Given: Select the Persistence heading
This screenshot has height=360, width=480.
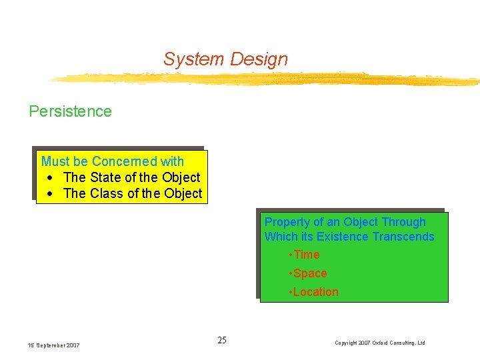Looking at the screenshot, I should click(70, 111).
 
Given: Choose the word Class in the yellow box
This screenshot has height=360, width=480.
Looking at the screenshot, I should click(106, 193).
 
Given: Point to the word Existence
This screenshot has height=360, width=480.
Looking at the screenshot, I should click(343, 237).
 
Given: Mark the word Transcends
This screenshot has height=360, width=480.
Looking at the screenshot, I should click(403, 237).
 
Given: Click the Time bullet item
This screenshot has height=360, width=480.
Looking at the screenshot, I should click(305, 255).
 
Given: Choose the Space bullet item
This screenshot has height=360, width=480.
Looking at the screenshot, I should click(308, 273).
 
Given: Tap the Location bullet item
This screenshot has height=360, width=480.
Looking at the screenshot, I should click(313, 292).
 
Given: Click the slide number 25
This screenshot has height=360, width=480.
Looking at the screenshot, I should click(222, 341).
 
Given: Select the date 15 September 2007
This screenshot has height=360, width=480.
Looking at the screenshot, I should click(53, 345).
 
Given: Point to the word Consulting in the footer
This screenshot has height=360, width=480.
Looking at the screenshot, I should click(406, 343).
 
